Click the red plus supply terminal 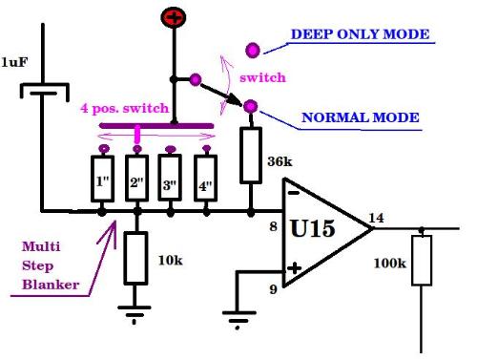(x=174, y=17)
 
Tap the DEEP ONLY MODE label (x=361, y=34)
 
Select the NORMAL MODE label (x=361, y=117)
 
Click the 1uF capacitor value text (x=14, y=62)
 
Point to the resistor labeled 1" (x=102, y=179)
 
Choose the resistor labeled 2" (x=136, y=179)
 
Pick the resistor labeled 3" (x=170, y=178)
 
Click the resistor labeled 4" (x=206, y=179)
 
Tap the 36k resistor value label (x=280, y=161)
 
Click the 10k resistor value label (x=171, y=261)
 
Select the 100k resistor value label (x=390, y=264)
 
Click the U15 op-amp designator (x=313, y=228)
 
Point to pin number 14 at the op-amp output (x=376, y=218)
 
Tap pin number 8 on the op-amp (x=273, y=226)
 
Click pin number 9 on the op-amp (x=273, y=289)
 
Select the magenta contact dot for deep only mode (x=253, y=51)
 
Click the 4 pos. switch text (x=124, y=109)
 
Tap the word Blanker (x=51, y=285)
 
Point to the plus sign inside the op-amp (x=294, y=268)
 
